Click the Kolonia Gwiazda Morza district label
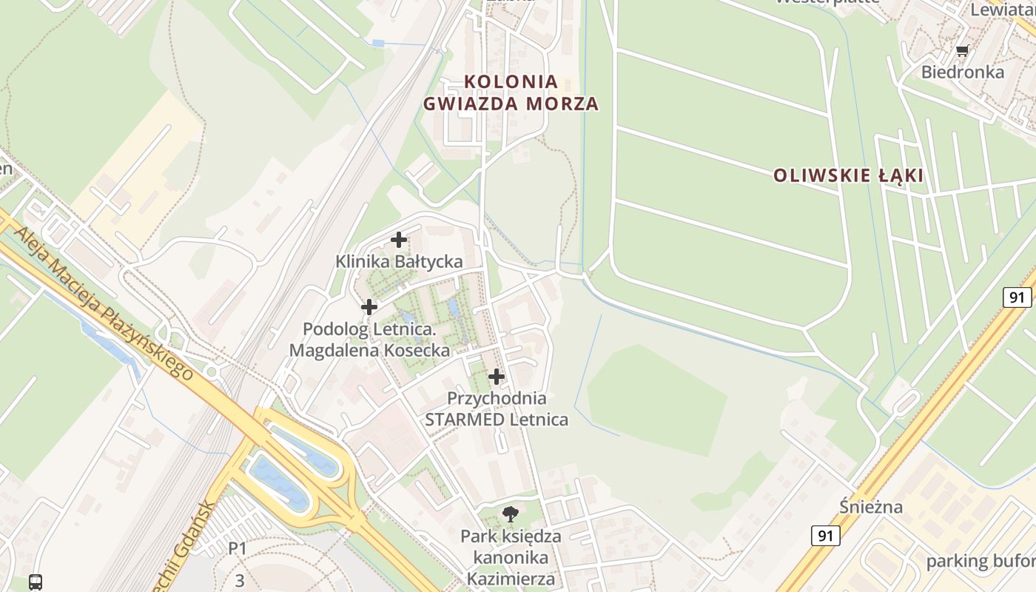pyautogui.click(x=511, y=92)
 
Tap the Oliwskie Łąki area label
pyautogui.click(x=848, y=176)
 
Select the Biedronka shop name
pyautogui.click(x=962, y=72)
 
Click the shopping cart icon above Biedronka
pyautogui.click(x=962, y=50)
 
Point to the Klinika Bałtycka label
pyautogui.click(x=399, y=261)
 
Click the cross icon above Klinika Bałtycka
pyautogui.click(x=399, y=239)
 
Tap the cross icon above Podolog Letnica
pyautogui.click(x=369, y=306)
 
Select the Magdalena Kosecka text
pyautogui.click(x=369, y=350)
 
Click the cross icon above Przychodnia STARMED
pyautogui.click(x=497, y=377)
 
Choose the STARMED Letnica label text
pyautogui.click(x=497, y=420)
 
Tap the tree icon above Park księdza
pyautogui.click(x=510, y=514)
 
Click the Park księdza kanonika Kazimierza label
pyautogui.click(x=511, y=557)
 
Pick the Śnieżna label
pyautogui.click(x=871, y=507)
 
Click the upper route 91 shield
pyautogui.click(x=1017, y=297)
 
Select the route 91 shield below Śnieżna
pyautogui.click(x=824, y=535)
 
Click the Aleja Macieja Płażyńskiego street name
pyautogui.click(x=104, y=303)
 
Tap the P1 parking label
pyautogui.click(x=237, y=548)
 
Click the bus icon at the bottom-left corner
pyautogui.click(x=35, y=582)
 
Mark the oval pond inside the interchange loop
pyautogui.click(x=279, y=481)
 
